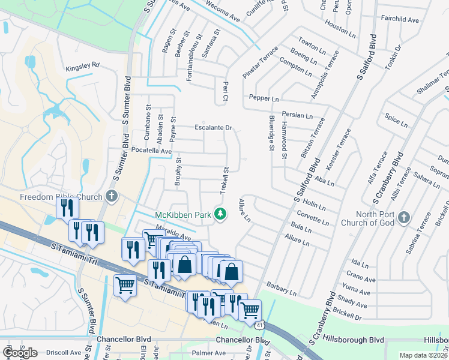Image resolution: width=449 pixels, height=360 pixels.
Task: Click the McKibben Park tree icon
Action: pyautogui.click(x=221, y=214)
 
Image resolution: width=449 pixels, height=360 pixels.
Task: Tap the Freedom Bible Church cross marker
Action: pyautogui.click(x=111, y=196)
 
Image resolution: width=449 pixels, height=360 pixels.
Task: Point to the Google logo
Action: pyautogui.click(x=19, y=352)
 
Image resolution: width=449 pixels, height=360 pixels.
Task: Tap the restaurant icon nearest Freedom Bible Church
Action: pyautogui.click(x=67, y=208)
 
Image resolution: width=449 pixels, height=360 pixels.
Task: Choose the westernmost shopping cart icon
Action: pyautogui.click(x=125, y=284)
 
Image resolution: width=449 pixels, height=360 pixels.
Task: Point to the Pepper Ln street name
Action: pyautogui.click(x=261, y=98)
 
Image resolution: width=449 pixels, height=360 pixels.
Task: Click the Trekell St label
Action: pyautogui.click(x=227, y=177)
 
